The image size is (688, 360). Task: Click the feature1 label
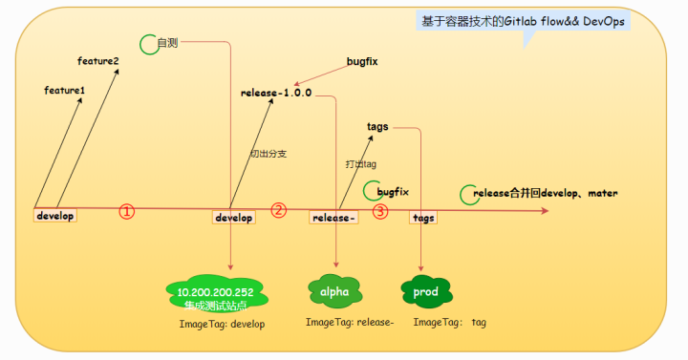64,90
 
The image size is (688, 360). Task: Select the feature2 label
98,61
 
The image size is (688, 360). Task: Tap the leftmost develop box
54,216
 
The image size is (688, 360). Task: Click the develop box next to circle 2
233,218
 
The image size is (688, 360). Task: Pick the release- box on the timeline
333,218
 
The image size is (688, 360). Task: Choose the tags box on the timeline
423,218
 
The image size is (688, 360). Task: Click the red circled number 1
127,211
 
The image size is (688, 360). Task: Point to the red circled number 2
279,210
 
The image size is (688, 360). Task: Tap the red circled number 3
380,211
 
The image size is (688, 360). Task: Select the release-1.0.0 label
276,93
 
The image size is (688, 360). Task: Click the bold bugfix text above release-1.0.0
363,61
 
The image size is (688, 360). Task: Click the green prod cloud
424,288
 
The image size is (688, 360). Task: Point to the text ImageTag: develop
222,324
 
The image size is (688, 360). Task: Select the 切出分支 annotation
268,153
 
